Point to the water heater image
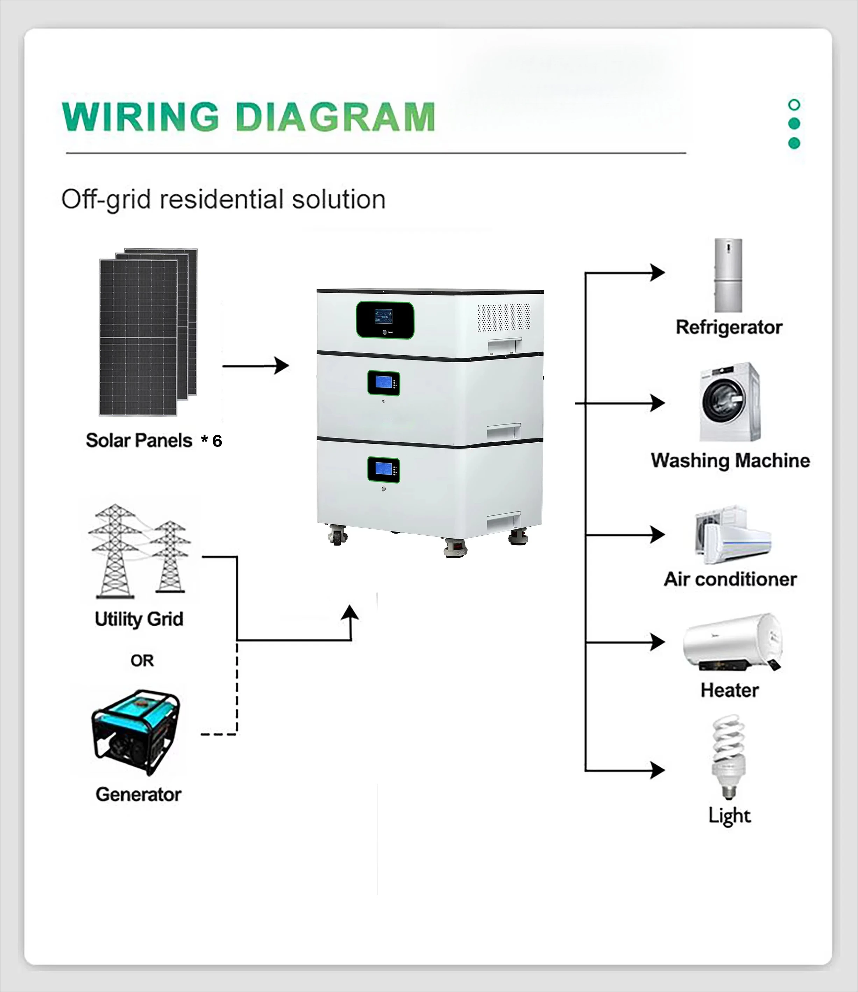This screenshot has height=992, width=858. pyautogui.click(x=732, y=642)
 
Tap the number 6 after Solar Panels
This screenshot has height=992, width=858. pyautogui.click(x=217, y=441)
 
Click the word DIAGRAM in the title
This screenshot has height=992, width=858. pyautogui.click(x=335, y=117)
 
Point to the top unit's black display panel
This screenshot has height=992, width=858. pyautogui.click(x=384, y=320)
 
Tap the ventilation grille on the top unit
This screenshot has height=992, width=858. pyautogui.click(x=504, y=317)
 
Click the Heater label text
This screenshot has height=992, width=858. pyautogui.click(x=729, y=690)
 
